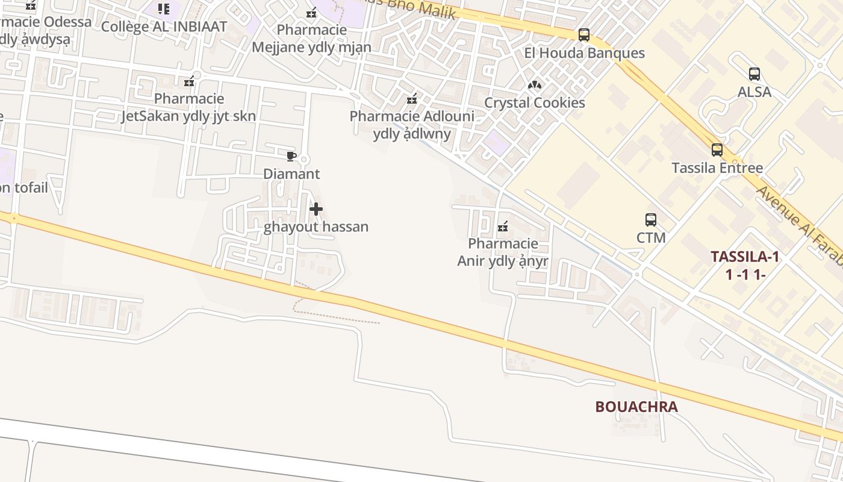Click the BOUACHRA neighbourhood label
point(636,407)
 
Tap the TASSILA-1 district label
point(745,257)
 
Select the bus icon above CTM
point(651,220)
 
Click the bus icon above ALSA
point(754,74)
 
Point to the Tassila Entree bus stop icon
point(717,150)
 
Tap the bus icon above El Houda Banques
point(584,35)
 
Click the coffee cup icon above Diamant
point(291,157)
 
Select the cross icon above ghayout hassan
point(316,210)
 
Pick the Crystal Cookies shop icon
point(535,85)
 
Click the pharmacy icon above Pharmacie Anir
point(503,227)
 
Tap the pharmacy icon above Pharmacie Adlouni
point(412,99)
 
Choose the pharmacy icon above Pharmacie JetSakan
point(189,81)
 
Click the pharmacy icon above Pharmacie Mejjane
point(311,13)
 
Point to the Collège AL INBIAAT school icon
point(164,9)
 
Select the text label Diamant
point(291,174)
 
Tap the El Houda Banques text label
point(584,53)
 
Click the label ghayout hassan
point(316,227)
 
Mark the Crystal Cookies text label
point(535,103)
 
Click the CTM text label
point(651,237)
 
